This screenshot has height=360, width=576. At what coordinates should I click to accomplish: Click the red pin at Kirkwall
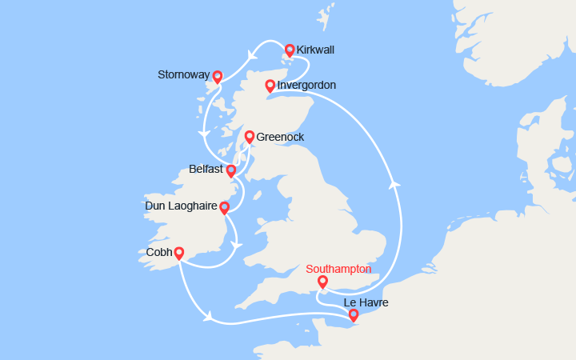(290, 50)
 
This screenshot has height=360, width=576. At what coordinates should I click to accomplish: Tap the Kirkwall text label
(315, 50)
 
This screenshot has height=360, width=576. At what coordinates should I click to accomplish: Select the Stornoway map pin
(217, 77)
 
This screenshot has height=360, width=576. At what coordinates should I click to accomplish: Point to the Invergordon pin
(270, 86)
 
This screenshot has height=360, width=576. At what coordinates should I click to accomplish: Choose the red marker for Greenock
(249, 137)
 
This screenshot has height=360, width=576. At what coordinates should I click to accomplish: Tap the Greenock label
(280, 137)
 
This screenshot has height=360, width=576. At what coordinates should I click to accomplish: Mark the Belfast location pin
(231, 170)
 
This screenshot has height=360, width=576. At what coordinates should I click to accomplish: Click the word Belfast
(206, 170)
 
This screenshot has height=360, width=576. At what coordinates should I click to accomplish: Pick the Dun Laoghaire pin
(225, 208)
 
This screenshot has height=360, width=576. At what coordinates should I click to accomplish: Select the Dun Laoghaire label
(181, 206)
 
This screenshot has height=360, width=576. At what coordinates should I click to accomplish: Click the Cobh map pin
(179, 253)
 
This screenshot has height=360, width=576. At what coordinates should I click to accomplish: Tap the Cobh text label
(159, 251)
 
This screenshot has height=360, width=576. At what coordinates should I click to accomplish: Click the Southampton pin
(322, 282)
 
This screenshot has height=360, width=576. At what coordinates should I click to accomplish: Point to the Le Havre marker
(354, 316)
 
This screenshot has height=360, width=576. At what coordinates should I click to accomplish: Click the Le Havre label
(366, 302)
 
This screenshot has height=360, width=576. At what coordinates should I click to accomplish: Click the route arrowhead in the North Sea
(394, 184)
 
